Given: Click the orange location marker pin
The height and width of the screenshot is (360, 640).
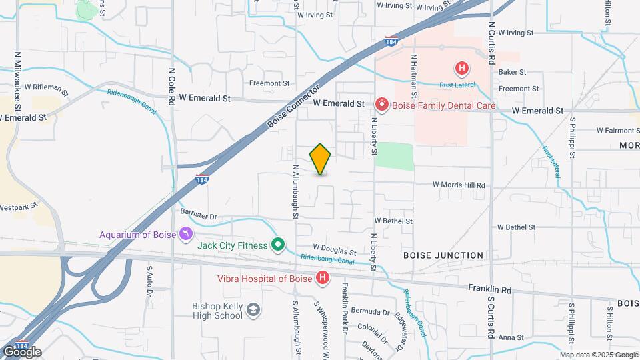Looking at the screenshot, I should pyautogui.click(x=321, y=159).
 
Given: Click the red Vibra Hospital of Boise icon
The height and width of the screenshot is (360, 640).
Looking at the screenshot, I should pyautogui.click(x=323, y=278).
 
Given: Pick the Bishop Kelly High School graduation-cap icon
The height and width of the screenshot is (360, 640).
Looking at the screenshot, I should pyautogui.click(x=253, y=309).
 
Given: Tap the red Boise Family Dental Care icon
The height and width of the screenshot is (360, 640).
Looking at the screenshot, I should pyautogui.click(x=381, y=105).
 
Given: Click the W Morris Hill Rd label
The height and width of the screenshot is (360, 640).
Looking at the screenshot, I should pyautogui.click(x=459, y=185).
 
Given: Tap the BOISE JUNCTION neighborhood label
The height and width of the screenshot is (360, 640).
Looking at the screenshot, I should pyautogui.click(x=443, y=255).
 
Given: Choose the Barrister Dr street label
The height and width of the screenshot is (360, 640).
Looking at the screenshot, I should pyautogui.click(x=199, y=216).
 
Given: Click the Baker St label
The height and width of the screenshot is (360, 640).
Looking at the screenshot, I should pyautogui.click(x=512, y=71).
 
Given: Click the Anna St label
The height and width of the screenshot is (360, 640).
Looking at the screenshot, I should pyautogui.click(x=511, y=337).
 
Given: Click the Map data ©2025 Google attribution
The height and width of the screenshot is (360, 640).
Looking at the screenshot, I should pyautogui.click(x=599, y=355).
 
